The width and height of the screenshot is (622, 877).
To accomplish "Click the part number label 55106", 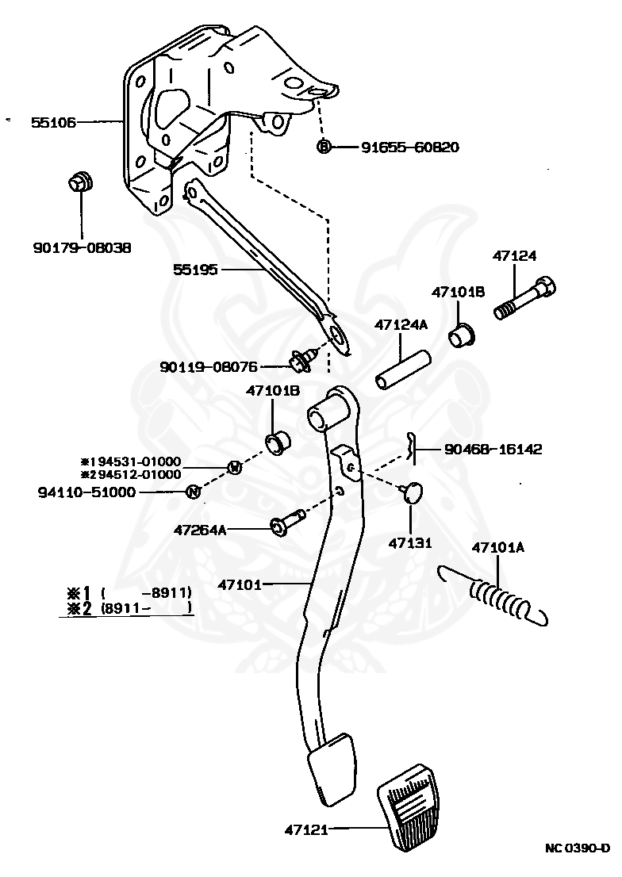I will (53, 122).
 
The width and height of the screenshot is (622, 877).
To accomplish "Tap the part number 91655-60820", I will (409, 147).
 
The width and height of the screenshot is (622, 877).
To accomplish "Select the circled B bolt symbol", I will (324, 146).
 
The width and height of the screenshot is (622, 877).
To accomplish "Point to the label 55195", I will (195, 270).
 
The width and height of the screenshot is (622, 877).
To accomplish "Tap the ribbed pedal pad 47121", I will (408, 814).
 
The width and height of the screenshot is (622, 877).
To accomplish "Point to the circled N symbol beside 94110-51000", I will (192, 492).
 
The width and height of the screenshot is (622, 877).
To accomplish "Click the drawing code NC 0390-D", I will (577, 848).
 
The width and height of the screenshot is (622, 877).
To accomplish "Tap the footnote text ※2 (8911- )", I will (128, 608).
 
